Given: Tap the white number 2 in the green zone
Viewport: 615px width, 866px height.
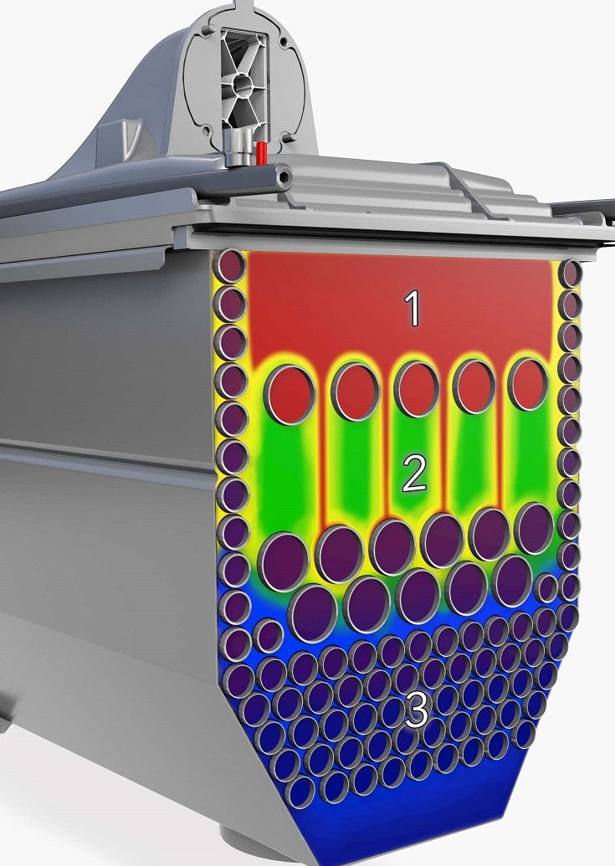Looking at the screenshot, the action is click(x=414, y=474).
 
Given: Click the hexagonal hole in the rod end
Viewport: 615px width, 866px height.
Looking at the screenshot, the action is click(x=284, y=177).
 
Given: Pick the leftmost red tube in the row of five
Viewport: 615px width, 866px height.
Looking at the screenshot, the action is click(x=290, y=395).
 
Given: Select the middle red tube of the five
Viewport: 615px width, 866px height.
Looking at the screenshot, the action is click(x=416, y=388).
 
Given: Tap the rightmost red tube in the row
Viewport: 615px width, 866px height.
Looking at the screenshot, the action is click(x=528, y=384).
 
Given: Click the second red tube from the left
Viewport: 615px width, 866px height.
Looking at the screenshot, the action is click(x=356, y=392).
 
